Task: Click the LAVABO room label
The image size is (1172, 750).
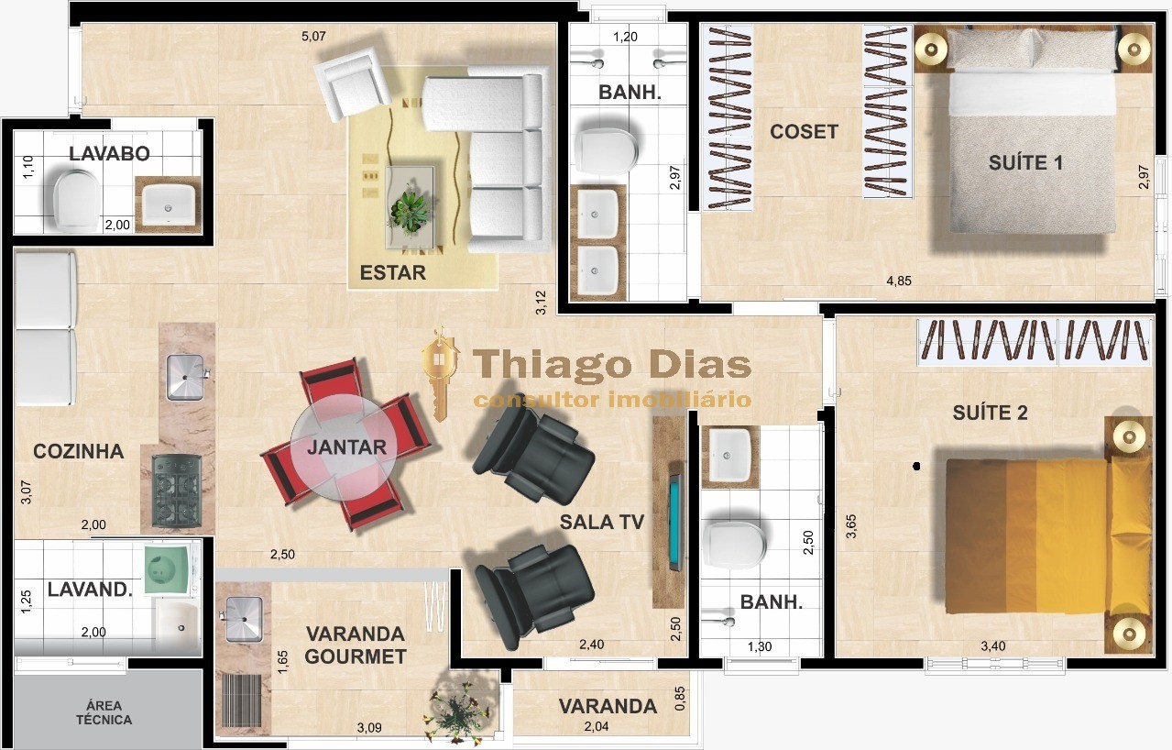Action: tap(109, 154)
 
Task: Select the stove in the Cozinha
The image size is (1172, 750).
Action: tap(177, 490)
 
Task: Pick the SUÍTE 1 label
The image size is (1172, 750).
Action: tap(1025, 163)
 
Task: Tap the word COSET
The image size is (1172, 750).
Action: tap(804, 132)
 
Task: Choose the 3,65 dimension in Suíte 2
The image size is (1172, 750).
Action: tap(851, 525)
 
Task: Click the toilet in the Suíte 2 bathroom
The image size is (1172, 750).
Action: tap(736, 546)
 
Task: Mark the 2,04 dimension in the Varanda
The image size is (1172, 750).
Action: tap(595, 727)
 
